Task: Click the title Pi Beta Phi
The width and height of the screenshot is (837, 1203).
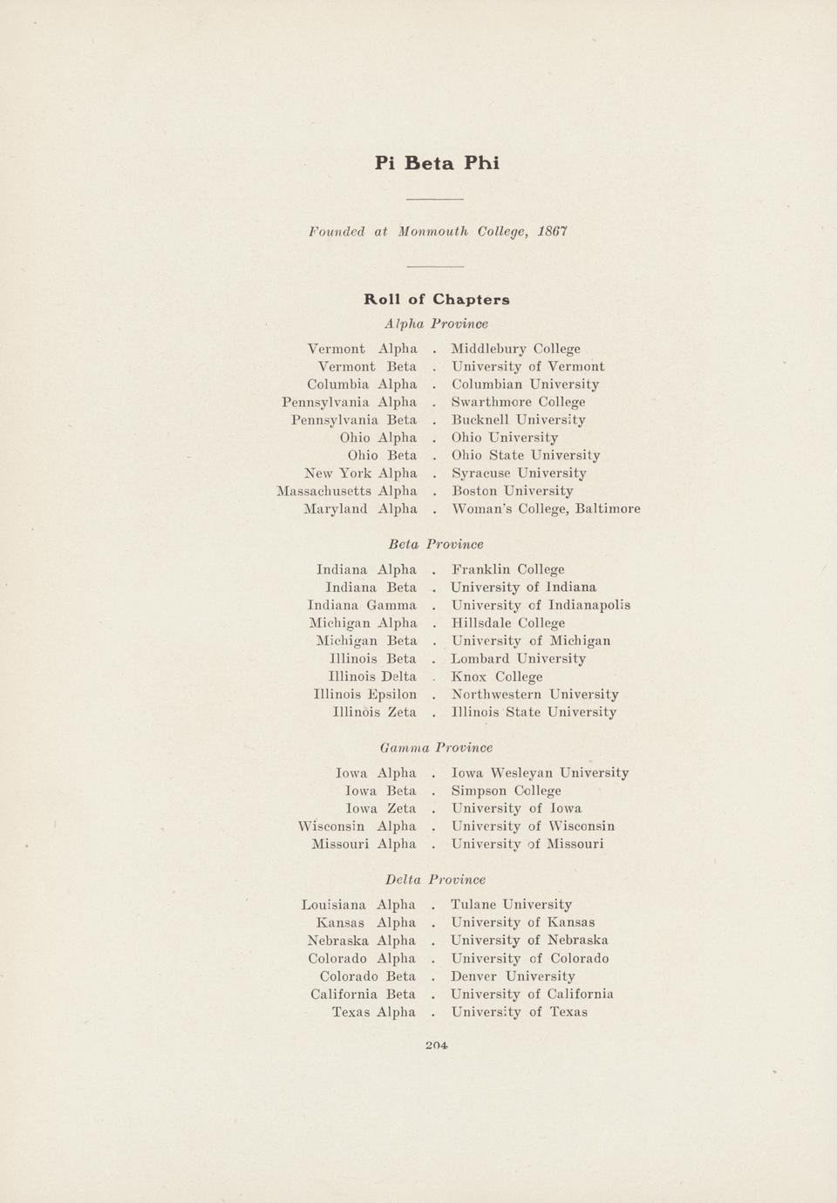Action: click(437, 163)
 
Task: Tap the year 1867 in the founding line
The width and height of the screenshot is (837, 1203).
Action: click(553, 232)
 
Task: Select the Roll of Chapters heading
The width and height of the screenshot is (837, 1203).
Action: click(437, 300)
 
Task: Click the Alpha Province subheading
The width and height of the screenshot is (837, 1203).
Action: click(436, 323)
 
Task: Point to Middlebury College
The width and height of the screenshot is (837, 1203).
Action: click(515, 349)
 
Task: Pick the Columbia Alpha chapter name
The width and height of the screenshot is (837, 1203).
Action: click(362, 384)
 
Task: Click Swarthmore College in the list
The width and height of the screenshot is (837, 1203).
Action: click(518, 402)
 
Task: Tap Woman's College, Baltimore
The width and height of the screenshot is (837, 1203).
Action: click(546, 509)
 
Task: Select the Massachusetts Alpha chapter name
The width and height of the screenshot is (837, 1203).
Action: click(346, 491)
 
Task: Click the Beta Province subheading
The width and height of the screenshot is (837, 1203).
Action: click(436, 544)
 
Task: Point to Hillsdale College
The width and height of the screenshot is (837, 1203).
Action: click(507, 623)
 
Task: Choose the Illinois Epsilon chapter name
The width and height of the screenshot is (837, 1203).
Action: click(364, 695)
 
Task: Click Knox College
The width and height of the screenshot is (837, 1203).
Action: click(496, 676)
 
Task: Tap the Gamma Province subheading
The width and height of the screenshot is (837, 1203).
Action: click(437, 748)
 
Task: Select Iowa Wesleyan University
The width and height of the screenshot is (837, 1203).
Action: click(540, 773)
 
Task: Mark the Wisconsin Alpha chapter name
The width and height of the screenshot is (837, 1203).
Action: click(357, 826)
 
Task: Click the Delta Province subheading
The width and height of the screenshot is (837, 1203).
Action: click(435, 880)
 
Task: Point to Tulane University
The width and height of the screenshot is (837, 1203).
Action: click(511, 905)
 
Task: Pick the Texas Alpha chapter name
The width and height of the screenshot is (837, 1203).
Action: click(374, 1012)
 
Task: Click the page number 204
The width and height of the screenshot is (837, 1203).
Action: click(437, 1045)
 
